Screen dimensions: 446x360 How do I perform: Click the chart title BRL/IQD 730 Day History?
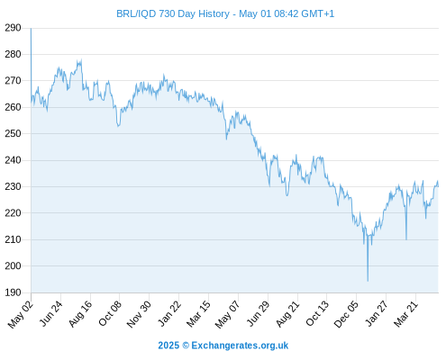(173, 13)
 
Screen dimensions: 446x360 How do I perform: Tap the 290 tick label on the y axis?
(13, 28)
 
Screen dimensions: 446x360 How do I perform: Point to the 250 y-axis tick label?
(13, 133)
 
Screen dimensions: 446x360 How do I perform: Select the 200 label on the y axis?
(13, 265)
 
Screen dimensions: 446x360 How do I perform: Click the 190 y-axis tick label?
(13, 292)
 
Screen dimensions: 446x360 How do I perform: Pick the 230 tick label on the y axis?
(13, 186)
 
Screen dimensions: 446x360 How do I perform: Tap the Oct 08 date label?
(110, 313)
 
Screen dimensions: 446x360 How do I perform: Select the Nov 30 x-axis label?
(139, 314)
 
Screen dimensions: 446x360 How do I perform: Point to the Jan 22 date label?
(169, 313)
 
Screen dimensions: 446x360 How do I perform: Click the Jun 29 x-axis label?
(259, 313)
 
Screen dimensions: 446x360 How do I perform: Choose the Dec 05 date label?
(346, 314)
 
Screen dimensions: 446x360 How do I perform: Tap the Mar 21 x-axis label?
(406, 313)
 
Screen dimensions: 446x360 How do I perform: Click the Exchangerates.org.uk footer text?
(240, 346)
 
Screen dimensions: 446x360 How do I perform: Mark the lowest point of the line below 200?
(368, 281)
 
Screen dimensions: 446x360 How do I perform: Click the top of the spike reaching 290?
(31, 29)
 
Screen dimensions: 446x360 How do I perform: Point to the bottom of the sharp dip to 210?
(406, 239)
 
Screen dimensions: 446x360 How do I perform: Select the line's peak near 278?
(81, 59)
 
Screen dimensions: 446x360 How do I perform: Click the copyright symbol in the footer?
(186, 346)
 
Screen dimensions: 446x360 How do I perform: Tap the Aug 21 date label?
(287, 313)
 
